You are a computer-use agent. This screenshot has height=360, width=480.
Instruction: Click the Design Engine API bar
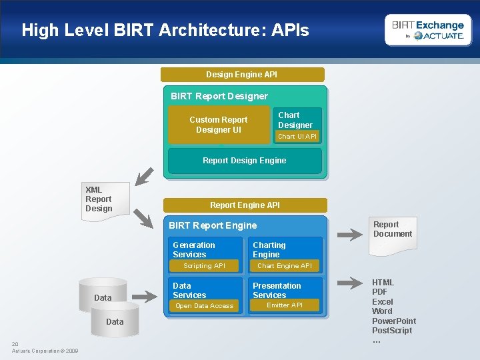tap(242, 75)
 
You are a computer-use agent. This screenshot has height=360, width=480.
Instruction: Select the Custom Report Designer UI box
tap(219, 125)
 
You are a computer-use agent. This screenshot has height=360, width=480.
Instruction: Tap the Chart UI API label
tap(297, 137)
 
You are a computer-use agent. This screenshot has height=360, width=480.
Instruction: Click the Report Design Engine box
tap(245, 161)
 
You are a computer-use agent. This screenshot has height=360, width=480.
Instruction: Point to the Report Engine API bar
tap(245, 205)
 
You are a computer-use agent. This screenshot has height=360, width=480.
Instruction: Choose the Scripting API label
tap(205, 266)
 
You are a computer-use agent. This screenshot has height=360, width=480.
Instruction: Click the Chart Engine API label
tap(285, 266)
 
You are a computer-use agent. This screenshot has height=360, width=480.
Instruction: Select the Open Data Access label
tap(205, 306)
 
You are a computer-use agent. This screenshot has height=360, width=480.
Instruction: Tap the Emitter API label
tap(285, 305)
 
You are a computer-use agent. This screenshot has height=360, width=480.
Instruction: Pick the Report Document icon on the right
tap(393, 233)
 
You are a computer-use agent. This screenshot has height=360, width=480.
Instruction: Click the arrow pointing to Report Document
tap(349, 235)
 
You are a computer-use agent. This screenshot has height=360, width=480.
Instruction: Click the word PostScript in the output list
tap(392, 331)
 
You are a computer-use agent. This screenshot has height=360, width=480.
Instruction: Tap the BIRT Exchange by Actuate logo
tap(427, 30)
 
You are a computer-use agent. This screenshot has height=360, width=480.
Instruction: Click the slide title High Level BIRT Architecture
tap(165, 30)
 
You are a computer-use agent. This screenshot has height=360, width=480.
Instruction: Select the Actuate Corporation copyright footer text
tap(45, 351)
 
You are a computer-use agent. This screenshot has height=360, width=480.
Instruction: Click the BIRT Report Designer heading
tap(219, 96)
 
